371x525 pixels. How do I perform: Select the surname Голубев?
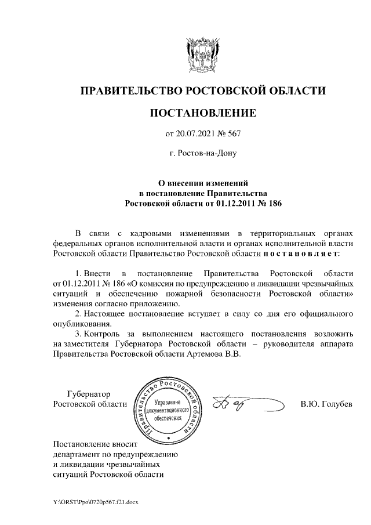point(334,404)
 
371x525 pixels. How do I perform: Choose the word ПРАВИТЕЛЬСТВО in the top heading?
point(128,91)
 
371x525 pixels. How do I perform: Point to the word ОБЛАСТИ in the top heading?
point(297,91)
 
